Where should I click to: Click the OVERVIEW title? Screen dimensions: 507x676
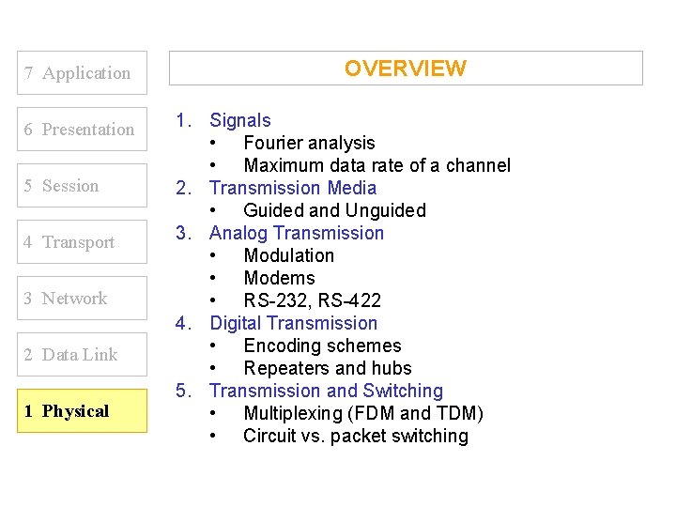click(x=405, y=69)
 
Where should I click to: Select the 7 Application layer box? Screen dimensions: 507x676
click(x=83, y=73)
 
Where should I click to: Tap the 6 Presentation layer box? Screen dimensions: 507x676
click(x=83, y=130)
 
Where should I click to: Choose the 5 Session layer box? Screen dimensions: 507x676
click(x=83, y=186)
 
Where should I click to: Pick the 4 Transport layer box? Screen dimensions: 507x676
click(x=83, y=242)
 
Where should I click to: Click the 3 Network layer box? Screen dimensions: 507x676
click(x=83, y=299)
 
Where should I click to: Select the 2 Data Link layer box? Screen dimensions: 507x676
click(x=83, y=355)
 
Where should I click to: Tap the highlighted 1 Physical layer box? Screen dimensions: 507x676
click(x=83, y=411)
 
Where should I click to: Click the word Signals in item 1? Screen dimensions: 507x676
click(x=239, y=120)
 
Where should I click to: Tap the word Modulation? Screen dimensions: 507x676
click(x=288, y=255)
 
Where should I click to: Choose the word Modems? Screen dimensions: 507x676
click(x=279, y=278)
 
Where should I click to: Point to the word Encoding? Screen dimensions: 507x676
click(x=281, y=346)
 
